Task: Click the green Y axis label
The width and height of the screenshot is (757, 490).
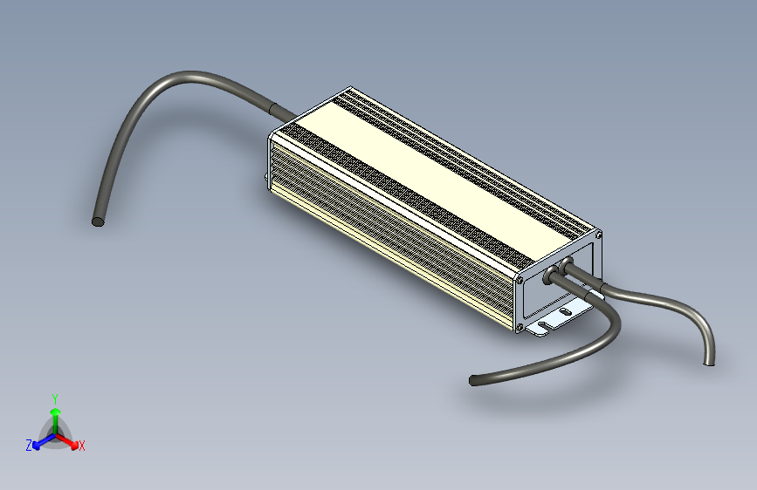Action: [55, 398]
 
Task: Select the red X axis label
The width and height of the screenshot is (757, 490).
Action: [82, 446]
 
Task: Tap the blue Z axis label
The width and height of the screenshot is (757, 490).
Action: [29, 445]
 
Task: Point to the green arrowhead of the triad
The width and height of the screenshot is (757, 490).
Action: [55, 411]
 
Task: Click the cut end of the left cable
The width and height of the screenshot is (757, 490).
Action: [98, 221]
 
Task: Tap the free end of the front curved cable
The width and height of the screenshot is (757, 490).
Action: [474, 380]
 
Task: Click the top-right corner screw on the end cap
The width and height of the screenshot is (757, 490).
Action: [598, 234]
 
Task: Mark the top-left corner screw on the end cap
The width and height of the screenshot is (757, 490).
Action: [521, 281]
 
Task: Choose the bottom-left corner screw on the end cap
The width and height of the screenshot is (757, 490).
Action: [520, 328]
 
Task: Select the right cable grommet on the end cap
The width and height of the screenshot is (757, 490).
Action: [566, 262]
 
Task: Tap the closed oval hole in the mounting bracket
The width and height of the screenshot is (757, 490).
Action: [566, 310]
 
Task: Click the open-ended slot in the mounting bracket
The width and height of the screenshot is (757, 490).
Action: [542, 326]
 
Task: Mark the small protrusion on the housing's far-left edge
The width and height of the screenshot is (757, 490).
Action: [267, 180]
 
